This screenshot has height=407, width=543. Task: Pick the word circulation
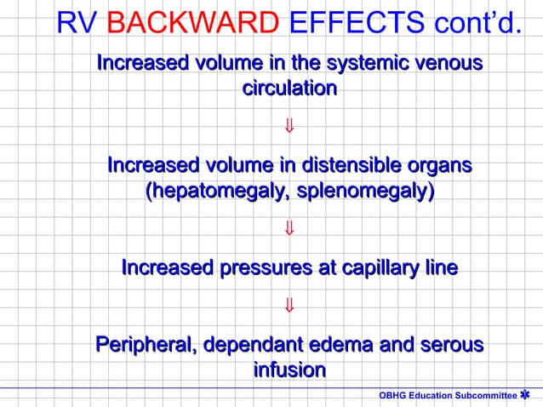(x=289, y=88)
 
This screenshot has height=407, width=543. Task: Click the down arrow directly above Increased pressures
(x=289, y=228)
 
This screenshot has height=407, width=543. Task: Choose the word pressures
(x=260, y=268)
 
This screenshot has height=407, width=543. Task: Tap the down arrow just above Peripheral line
(x=289, y=305)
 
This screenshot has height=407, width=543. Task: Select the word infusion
(x=289, y=370)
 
